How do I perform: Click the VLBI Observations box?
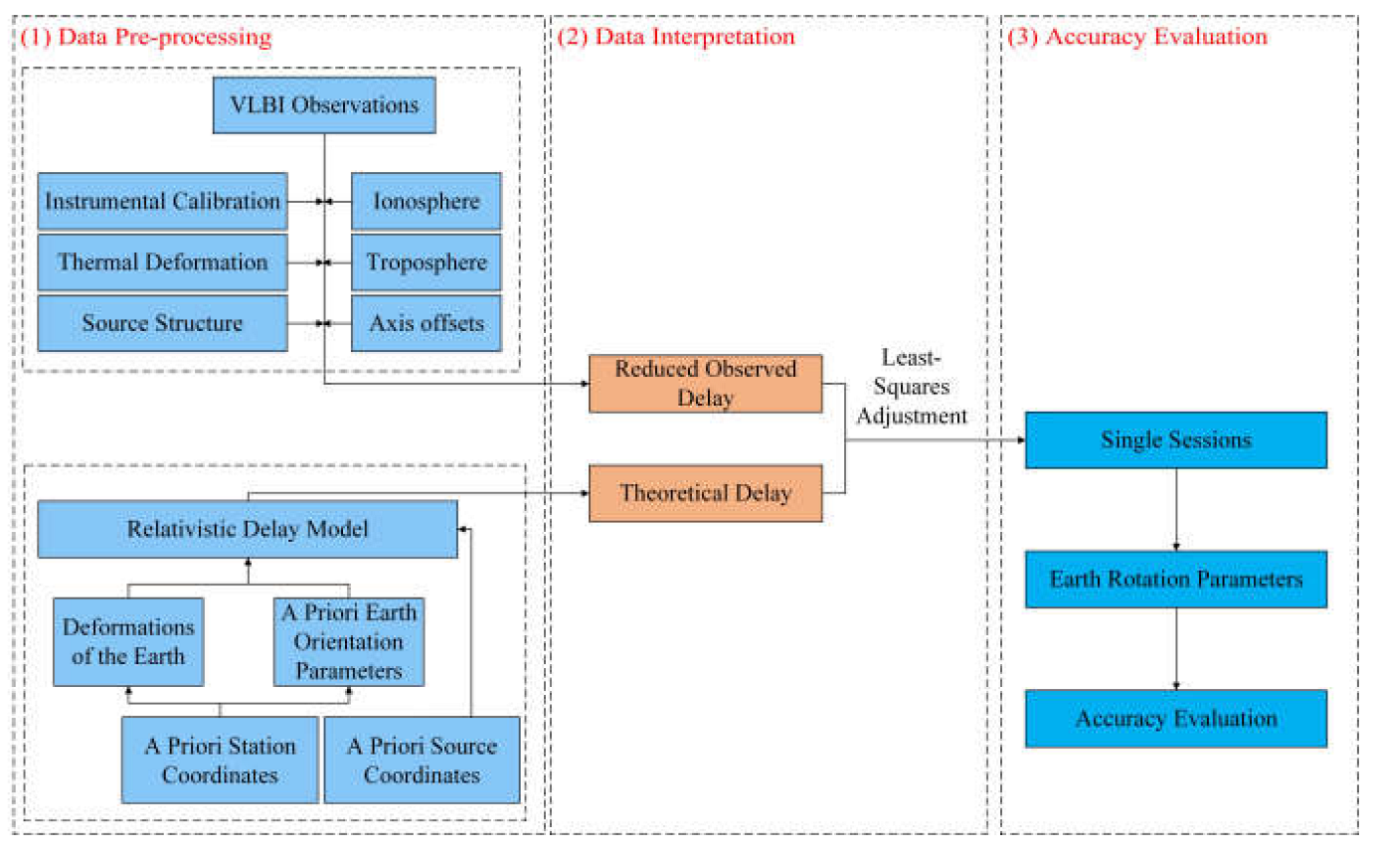(x=324, y=104)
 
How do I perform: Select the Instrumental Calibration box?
(x=162, y=202)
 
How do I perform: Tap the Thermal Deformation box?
(x=162, y=262)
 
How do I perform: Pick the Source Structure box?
(x=162, y=323)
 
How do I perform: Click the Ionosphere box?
(x=427, y=202)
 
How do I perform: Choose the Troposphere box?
(x=427, y=262)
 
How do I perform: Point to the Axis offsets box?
(x=427, y=323)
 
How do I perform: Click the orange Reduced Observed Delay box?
(x=705, y=384)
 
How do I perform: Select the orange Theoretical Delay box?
(x=705, y=493)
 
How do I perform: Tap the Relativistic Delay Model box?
(x=248, y=529)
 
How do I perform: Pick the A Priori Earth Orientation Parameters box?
(x=349, y=641)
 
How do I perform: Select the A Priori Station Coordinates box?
(x=220, y=760)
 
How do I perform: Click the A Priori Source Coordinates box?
(x=423, y=760)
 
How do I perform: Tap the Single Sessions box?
(x=1176, y=439)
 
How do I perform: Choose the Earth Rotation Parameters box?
(x=1176, y=579)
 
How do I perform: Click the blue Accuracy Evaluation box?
(x=1176, y=718)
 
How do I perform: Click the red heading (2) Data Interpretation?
(x=676, y=38)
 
